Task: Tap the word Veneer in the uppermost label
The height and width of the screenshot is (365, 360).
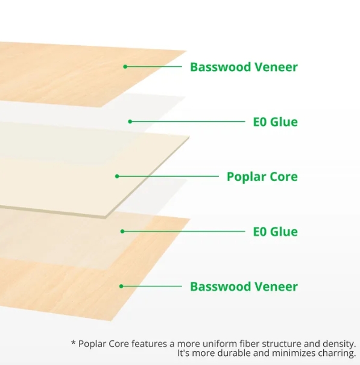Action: [274, 67]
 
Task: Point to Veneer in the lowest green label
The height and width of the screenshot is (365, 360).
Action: [274, 287]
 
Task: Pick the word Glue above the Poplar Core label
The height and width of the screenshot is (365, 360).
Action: [283, 122]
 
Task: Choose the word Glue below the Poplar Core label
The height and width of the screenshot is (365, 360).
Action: [283, 232]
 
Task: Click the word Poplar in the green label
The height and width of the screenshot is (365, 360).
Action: [245, 177]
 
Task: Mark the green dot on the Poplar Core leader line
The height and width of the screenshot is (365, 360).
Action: [118, 177]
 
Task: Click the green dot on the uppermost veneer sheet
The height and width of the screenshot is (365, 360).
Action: [125, 66]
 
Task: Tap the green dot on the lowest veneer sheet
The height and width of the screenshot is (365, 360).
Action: [121, 286]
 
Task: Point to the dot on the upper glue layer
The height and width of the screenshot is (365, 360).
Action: [130, 121]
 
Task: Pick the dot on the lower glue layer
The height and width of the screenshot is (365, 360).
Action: [122, 231]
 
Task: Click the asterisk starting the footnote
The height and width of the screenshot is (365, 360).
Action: [74, 343]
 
